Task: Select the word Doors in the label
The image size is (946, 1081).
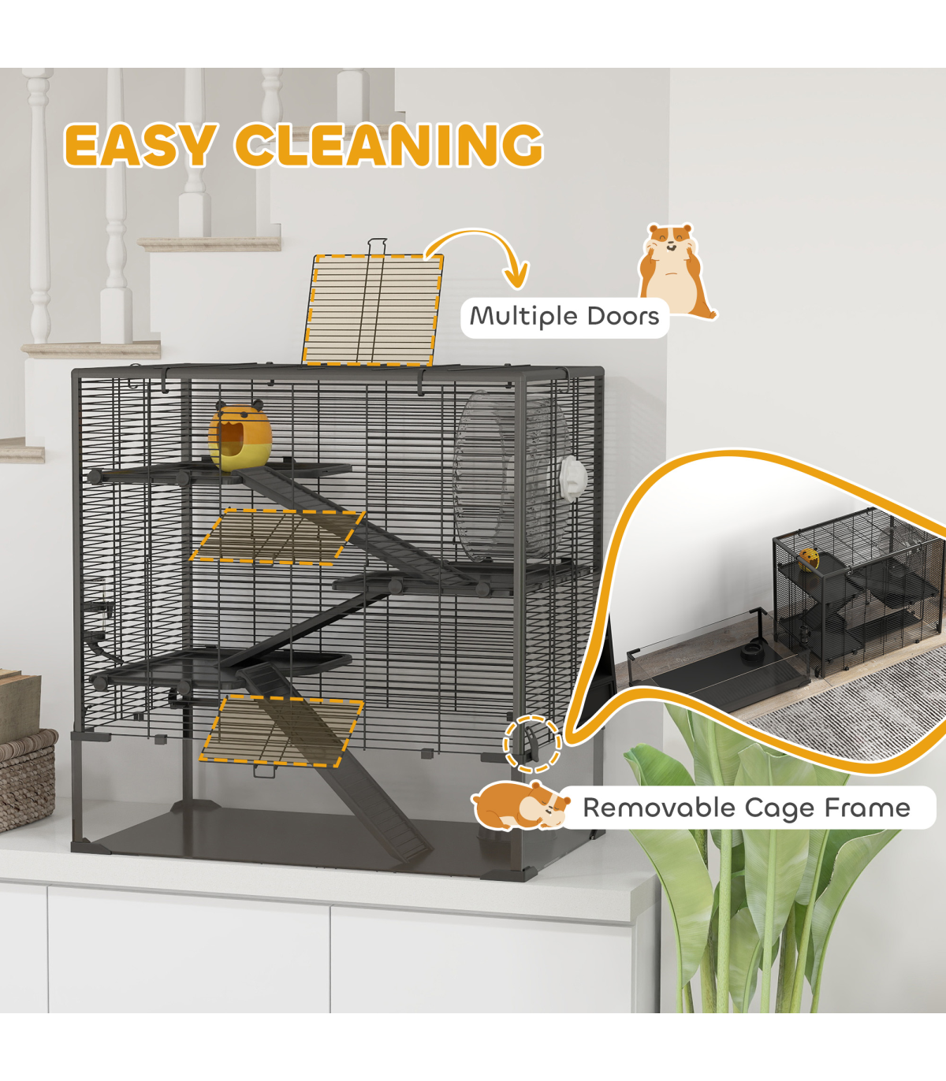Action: tap(623, 317)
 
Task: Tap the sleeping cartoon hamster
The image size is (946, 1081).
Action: tap(520, 806)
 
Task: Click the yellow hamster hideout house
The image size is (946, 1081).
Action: tap(240, 436)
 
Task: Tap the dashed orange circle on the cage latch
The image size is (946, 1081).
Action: tap(533, 743)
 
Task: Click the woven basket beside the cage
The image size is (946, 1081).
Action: tap(26, 780)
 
